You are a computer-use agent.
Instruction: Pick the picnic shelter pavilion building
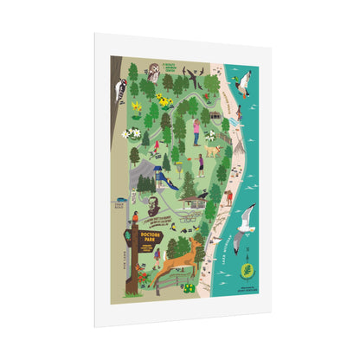click(x=194, y=201)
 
